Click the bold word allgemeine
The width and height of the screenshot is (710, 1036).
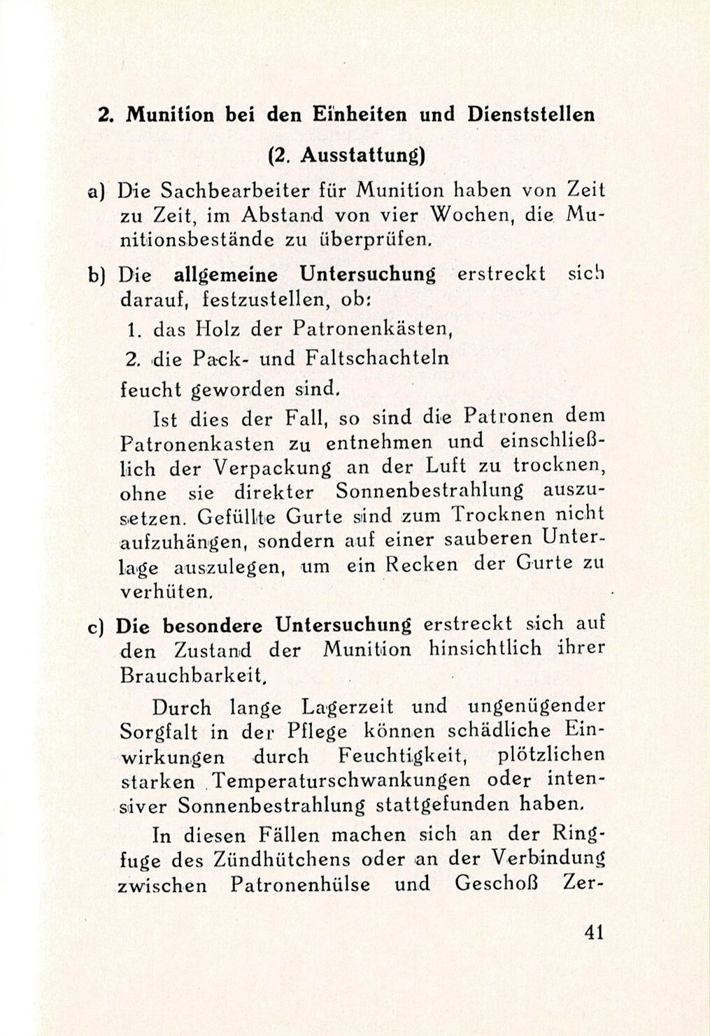coord(225,275)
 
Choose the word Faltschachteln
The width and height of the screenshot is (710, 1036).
coord(378,358)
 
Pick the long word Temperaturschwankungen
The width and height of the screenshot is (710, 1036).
coord(352,781)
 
